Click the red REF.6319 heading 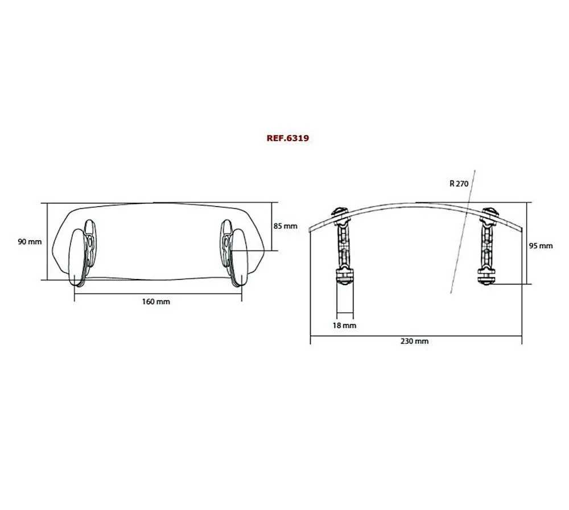click(287, 138)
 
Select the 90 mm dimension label click(30, 242)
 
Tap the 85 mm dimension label click(285, 226)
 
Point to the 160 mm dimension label click(156, 301)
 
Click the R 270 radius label click(459, 183)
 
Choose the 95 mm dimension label click(541, 246)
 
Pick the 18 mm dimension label click(345, 325)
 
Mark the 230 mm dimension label click(415, 342)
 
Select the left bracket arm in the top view click(344, 245)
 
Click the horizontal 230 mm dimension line click(415, 336)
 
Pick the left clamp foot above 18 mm click(345, 277)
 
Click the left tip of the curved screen click(310, 228)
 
